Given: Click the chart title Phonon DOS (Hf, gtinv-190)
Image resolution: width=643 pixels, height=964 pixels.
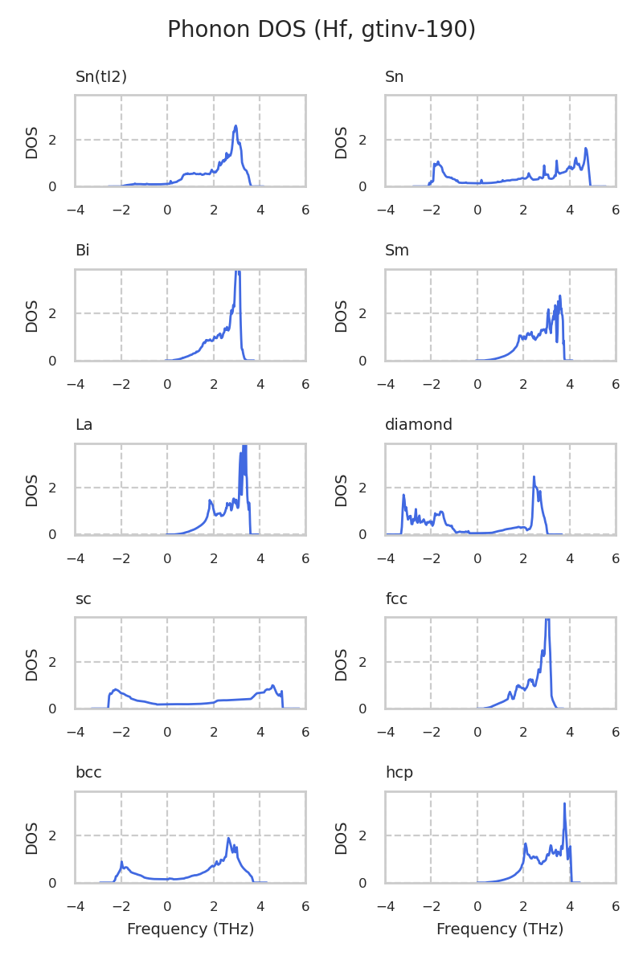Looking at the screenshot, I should [321, 31].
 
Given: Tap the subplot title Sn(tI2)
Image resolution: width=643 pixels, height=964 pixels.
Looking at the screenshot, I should [101, 77].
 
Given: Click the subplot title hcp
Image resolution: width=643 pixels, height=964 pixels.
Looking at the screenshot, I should [399, 773].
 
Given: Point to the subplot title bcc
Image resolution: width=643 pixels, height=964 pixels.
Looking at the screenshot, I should [88, 773].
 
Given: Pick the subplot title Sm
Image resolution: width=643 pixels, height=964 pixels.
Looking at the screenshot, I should [397, 251].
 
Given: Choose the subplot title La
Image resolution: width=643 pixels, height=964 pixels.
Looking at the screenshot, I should [84, 425].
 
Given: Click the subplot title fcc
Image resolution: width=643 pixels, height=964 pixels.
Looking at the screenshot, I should [396, 599].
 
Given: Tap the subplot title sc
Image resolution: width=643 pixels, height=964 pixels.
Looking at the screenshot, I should [83, 599].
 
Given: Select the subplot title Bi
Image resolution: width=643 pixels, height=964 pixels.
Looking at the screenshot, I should [82, 251].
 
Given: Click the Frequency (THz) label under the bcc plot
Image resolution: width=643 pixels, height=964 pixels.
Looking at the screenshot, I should [190, 929].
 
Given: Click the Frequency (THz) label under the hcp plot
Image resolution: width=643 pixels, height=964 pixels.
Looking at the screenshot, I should [500, 929].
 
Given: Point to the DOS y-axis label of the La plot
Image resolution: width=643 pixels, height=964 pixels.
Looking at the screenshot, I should [32, 490].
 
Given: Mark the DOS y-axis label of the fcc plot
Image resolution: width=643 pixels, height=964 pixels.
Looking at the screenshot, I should [342, 664].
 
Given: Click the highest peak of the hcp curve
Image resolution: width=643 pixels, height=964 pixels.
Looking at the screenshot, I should [565, 803].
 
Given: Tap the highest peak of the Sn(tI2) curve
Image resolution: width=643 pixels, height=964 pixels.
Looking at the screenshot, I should [235, 126].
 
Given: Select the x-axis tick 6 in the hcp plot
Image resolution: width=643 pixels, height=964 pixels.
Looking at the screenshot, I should [616, 906].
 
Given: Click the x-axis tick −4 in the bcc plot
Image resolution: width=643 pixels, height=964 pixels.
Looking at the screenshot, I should [76, 906].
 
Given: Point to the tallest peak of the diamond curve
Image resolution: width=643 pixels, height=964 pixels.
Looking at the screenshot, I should [534, 476].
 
